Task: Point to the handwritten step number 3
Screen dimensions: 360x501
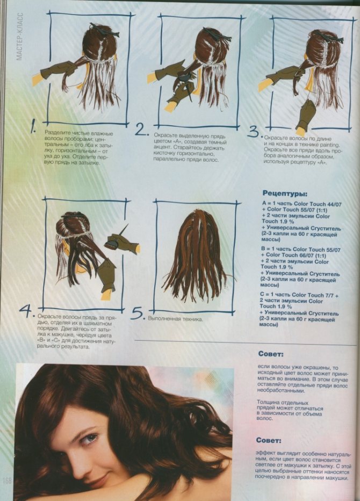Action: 254,132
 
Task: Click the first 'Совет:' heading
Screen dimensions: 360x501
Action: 271,354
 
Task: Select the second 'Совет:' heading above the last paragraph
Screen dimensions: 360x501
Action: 269,441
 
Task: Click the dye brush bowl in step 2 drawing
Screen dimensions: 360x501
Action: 183,77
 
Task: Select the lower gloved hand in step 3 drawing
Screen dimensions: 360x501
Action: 306,117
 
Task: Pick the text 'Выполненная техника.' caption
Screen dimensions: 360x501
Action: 175,319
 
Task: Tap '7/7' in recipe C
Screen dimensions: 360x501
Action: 329,295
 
